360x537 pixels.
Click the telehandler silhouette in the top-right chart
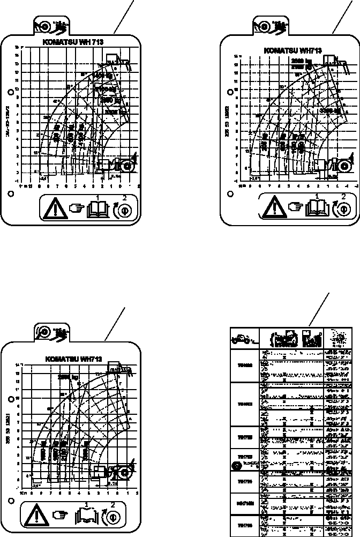335,162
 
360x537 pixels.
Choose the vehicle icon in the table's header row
243,339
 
